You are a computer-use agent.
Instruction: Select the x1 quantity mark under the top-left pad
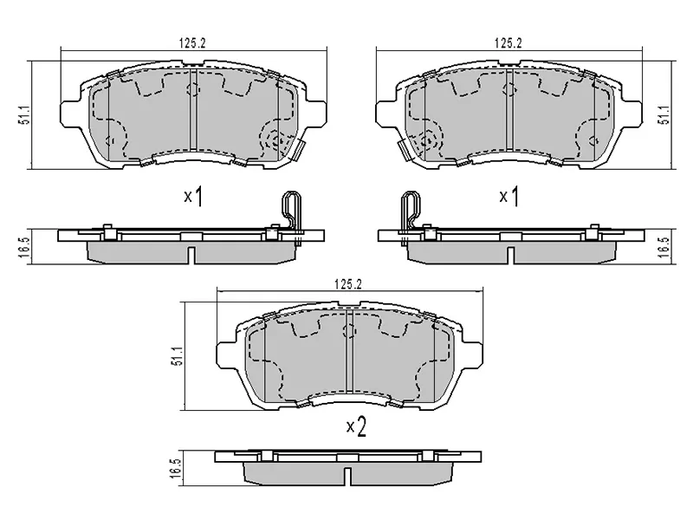pyautogui.click(x=192, y=198)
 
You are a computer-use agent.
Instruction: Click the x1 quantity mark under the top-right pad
pyautogui.click(x=508, y=198)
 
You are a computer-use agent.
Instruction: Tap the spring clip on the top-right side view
pyautogui.click(x=407, y=210)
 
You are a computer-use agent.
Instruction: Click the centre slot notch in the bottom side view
pyautogui.click(x=346, y=477)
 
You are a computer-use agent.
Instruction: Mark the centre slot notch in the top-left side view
pyautogui.click(x=190, y=253)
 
